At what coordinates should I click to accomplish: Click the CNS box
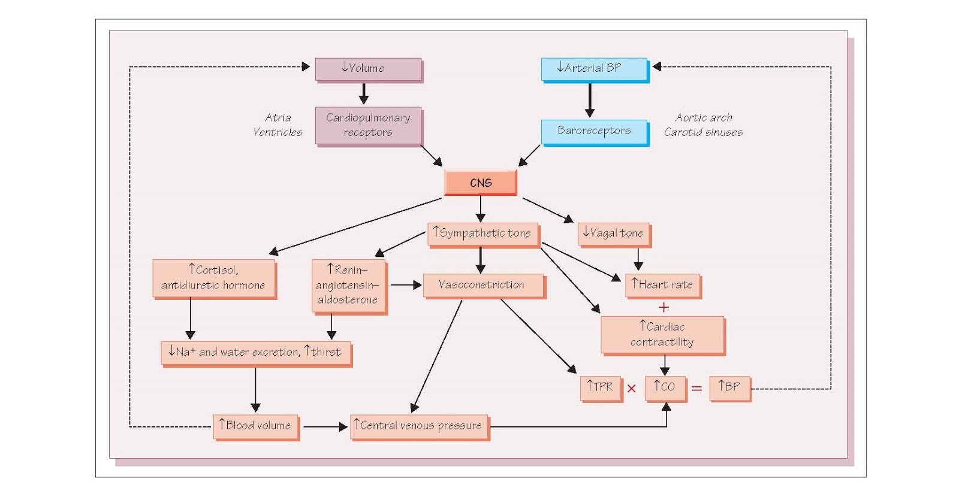[x=480, y=183]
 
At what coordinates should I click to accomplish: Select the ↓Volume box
[x=368, y=69]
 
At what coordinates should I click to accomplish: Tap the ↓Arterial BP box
[x=593, y=69]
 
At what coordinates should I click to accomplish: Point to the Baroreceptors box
[x=593, y=131]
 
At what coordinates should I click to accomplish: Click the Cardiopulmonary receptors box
[x=368, y=125]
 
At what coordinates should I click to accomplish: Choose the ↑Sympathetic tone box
[x=482, y=234]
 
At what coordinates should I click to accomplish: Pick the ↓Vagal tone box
[x=613, y=234]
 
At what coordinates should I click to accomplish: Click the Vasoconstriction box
[x=482, y=285]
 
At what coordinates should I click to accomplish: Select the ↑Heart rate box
[x=662, y=285]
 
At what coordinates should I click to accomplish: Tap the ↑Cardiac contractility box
[x=662, y=334]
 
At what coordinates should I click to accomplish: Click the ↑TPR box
[x=600, y=387]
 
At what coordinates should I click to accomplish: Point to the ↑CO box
[x=665, y=387]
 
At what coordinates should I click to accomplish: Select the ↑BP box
[x=729, y=387]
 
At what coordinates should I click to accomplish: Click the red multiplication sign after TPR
[x=631, y=389]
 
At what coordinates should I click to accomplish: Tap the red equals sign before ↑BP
[x=696, y=389]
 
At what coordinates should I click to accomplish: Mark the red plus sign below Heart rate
[x=664, y=308]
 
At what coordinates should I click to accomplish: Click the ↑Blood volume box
[x=255, y=426]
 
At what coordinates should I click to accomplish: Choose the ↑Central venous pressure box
[x=418, y=426]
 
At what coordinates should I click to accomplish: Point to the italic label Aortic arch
[x=704, y=118]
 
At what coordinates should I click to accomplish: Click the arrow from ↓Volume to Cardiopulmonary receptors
[x=363, y=93]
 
